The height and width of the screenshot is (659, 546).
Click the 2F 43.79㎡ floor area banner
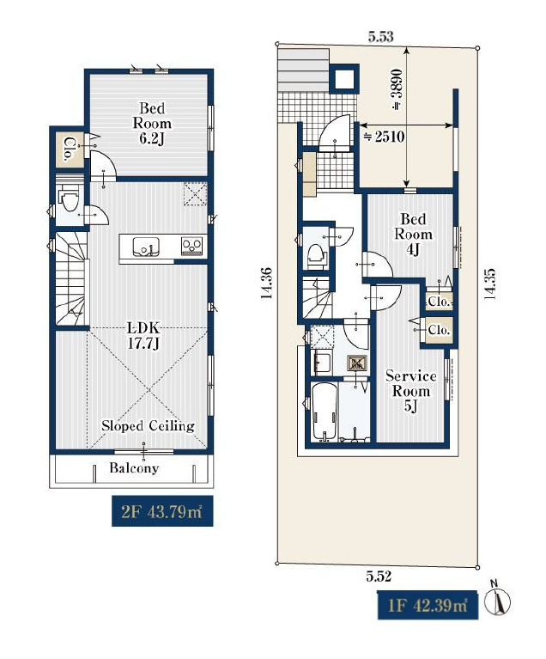pos(162,510)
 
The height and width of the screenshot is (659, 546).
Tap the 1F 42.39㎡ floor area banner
pos(428,605)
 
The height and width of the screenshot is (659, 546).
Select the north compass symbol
pos(497,600)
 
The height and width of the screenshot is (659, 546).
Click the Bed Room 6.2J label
pos(152,123)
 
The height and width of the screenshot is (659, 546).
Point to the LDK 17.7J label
pos(143,336)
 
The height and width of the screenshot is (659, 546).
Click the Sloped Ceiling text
pos(148,426)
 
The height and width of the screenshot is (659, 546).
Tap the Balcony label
pos(134,467)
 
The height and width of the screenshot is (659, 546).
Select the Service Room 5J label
pos(410,391)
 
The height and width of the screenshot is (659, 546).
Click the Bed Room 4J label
pos(413,234)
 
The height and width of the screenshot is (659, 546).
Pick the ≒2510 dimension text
pos(384,137)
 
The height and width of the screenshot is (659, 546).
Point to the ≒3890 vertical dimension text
pos(397,89)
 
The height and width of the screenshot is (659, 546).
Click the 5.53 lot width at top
pos(381,37)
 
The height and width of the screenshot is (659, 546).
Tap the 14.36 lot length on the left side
pos(267,283)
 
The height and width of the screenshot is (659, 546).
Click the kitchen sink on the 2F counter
pos(146,247)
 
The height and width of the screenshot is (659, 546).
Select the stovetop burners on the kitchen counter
pos(192,246)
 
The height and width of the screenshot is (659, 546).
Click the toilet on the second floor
pos(69,199)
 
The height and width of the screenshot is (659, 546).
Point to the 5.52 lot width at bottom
pos(379,577)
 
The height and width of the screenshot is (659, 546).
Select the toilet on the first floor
pos(317,254)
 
